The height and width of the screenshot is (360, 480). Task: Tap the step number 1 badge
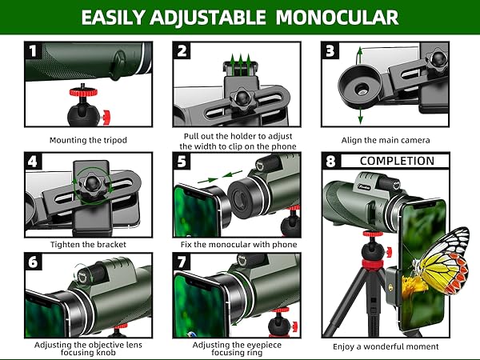click(33, 51)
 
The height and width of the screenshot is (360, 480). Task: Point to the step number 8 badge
click(330, 161)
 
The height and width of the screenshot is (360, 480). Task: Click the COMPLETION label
click(397, 161)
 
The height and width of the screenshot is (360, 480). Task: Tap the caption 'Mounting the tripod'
click(88, 140)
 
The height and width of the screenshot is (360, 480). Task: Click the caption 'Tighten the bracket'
click(88, 244)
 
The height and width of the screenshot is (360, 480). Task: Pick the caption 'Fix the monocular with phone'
click(237, 244)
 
